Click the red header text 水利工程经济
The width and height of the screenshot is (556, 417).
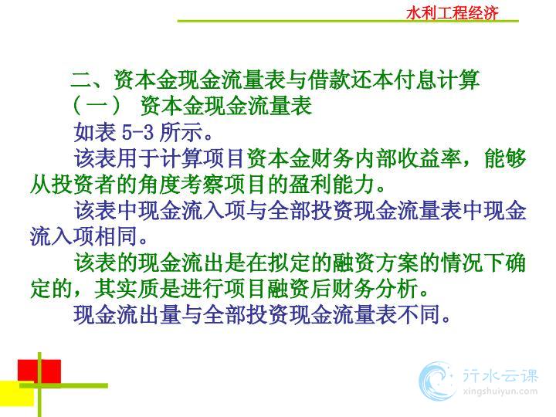coord(453,13)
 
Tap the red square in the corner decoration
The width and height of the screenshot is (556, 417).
coord(39,371)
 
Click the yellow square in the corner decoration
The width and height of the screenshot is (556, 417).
coord(17,394)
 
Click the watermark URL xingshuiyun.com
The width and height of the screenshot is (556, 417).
coord(500,392)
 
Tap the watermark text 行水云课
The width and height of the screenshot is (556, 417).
coord(500,375)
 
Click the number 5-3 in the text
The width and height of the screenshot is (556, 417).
coord(138,132)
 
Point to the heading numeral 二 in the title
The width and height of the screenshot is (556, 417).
coord(81,80)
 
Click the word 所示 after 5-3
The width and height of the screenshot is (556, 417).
coord(181,132)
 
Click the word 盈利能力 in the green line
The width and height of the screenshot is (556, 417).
coord(333,185)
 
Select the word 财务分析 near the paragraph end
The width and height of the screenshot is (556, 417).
coord(376,289)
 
